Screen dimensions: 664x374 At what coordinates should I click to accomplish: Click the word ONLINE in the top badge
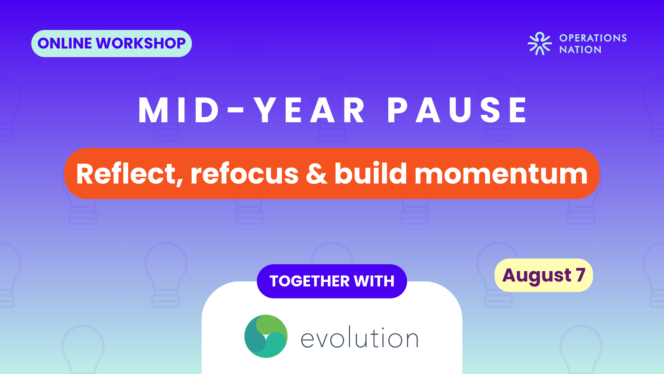pyautogui.click(x=65, y=43)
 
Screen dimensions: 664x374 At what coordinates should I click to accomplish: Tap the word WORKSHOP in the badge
pyautogui.click(x=141, y=43)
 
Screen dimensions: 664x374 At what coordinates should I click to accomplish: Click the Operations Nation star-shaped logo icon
pyautogui.click(x=539, y=44)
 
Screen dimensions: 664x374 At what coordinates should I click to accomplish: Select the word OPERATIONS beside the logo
pyautogui.click(x=593, y=38)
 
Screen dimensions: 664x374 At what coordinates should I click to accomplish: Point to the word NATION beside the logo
pyautogui.click(x=580, y=50)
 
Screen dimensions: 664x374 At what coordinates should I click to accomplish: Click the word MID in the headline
pyautogui.click(x=179, y=110)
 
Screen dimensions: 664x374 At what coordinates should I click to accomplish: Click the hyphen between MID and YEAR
pyautogui.click(x=236, y=110)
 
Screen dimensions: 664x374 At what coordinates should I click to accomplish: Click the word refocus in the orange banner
pyautogui.click(x=245, y=174)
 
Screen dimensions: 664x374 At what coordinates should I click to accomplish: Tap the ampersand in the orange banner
pyautogui.click(x=316, y=174)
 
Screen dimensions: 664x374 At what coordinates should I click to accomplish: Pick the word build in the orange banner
pyautogui.click(x=370, y=173)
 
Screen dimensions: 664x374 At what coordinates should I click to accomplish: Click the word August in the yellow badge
pyautogui.click(x=536, y=276)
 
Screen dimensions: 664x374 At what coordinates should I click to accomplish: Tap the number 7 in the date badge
pyautogui.click(x=580, y=275)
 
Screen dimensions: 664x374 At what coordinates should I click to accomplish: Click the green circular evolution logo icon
pyautogui.click(x=266, y=336)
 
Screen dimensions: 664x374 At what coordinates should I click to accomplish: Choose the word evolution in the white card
pyautogui.click(x=360, y=337)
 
